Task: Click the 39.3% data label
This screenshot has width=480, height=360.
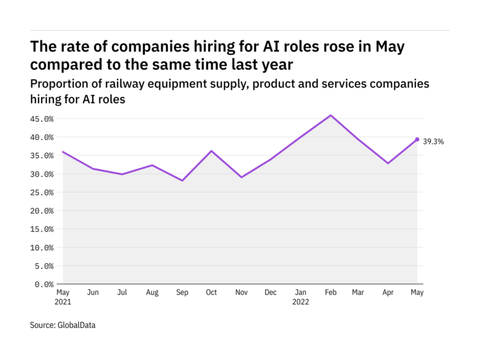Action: (433, 140)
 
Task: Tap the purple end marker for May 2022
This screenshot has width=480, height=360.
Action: (417, 139)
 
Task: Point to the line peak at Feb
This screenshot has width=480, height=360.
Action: (331, 116)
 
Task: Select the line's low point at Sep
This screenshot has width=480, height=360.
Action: (182, 180)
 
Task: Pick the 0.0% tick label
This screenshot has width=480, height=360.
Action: (44, 285)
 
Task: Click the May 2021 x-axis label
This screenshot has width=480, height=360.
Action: (63, 297)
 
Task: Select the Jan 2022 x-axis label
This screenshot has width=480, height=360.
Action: (301, 297)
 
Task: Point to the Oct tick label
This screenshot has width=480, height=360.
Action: (212, 293)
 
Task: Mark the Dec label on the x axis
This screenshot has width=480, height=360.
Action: (271, 293)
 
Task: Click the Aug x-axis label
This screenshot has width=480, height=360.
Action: (152, 293)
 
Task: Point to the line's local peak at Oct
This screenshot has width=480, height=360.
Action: (212, 151)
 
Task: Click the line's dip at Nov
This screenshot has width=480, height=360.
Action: (242, 177)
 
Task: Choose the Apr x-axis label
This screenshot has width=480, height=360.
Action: (387, 293)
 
